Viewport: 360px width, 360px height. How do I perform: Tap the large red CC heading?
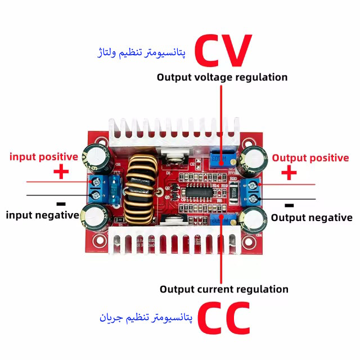tap(223, 318)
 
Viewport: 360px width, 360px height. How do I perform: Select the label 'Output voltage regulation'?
tap(222, 77)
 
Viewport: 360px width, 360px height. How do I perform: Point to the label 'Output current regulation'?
tap(224, 289)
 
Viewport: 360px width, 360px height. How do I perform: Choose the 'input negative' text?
tap(42, 214)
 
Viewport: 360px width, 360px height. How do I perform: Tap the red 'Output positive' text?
tap(310, 158)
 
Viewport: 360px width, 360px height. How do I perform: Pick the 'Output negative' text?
tap(312, 217)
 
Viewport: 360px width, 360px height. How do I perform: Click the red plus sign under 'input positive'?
tap(60, 172)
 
